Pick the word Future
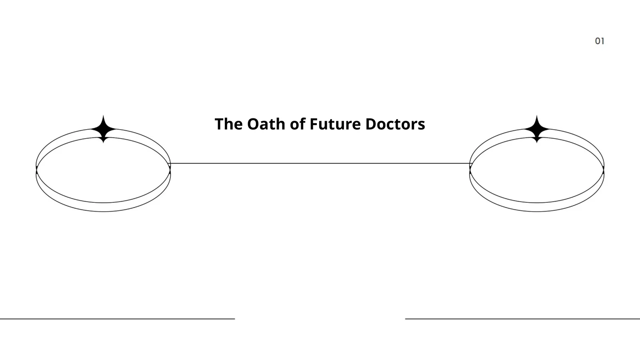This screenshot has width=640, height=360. coord(335,124)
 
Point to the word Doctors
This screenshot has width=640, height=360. coord(395,124)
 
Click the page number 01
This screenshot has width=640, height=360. coord(600,41)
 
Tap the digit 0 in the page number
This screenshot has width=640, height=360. coord(598,41)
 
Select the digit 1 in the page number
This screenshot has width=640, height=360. coord(603,41)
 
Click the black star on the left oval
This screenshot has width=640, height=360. coord(103,129)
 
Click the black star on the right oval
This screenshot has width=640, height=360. coord(536,129)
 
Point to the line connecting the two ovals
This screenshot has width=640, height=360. coord(320,164)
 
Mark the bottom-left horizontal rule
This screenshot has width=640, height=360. coord(118,318)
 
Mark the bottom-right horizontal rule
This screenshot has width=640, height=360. coord(522,318)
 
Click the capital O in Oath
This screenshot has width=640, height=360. coord(254,124)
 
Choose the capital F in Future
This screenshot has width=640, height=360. coord(314,124)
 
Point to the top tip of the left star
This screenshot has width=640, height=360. coord(103,116)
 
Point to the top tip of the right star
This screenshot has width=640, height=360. coord(536,116)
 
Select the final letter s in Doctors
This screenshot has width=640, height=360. coord(422,126)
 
